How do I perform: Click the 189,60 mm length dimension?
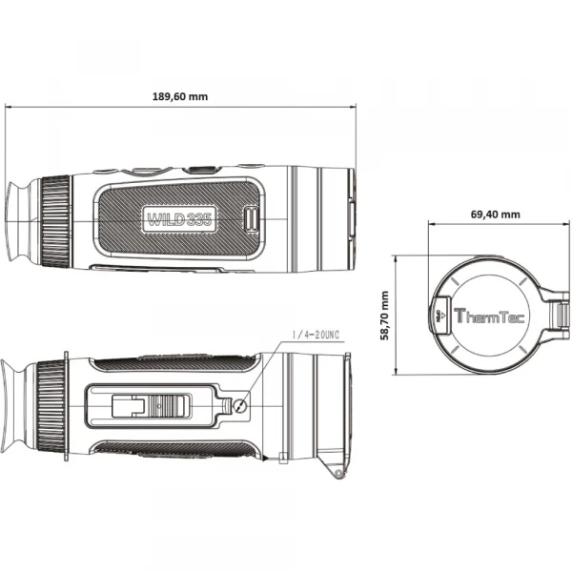[180, 96]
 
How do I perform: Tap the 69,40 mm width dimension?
[495, 214]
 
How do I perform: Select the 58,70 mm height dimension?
[384, 316]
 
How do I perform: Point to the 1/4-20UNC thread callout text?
[316, 335]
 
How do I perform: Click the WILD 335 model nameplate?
[179, 219]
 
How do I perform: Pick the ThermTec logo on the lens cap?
[489, 316]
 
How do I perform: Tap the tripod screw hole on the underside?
[240, 405]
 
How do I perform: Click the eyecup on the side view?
[22, 221]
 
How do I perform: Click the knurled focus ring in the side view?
[55, 222]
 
